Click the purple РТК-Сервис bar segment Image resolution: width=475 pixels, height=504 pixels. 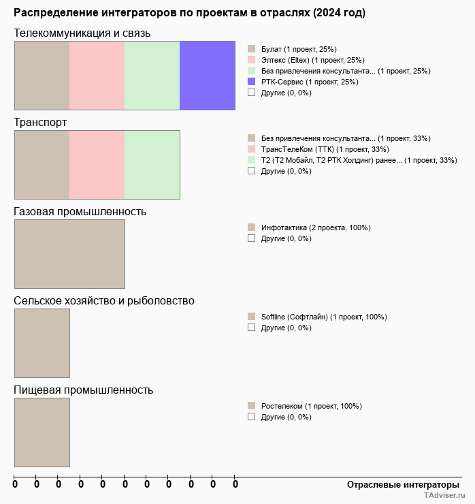pos(208,76)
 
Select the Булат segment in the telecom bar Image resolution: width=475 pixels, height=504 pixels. pos(42,76)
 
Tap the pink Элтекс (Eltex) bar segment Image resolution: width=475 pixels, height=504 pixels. pos(97,76)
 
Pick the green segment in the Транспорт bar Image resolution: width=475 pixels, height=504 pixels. pos(152,165)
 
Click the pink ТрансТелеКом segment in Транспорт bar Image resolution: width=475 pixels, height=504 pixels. pos(97,165)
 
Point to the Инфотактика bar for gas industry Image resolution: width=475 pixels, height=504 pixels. pos(69,254)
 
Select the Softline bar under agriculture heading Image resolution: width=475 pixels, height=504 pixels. pos(42,343)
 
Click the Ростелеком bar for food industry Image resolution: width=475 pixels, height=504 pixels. pos(42,432)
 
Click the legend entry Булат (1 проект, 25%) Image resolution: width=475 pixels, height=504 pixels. pos(299,49)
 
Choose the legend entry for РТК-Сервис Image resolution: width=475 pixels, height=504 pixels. pos(310,82)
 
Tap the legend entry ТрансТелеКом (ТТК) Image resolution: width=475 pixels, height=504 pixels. pos(325,149)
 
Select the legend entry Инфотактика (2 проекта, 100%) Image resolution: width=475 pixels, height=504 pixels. pos(316,228)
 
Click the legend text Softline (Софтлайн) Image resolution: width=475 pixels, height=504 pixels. pos(295,317)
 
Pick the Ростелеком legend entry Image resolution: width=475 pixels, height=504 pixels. pos(311,407)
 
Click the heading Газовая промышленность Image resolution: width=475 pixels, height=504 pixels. pos(80,212)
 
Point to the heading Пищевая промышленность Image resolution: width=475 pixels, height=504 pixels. pos(83,390)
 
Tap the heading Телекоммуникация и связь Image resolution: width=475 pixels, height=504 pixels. pos(82,33)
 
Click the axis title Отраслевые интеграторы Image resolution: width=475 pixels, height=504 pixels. pos(403,485)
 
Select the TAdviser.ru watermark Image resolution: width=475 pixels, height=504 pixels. pos(444,495)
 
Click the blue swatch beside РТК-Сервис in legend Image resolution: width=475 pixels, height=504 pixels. pos(252,82)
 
